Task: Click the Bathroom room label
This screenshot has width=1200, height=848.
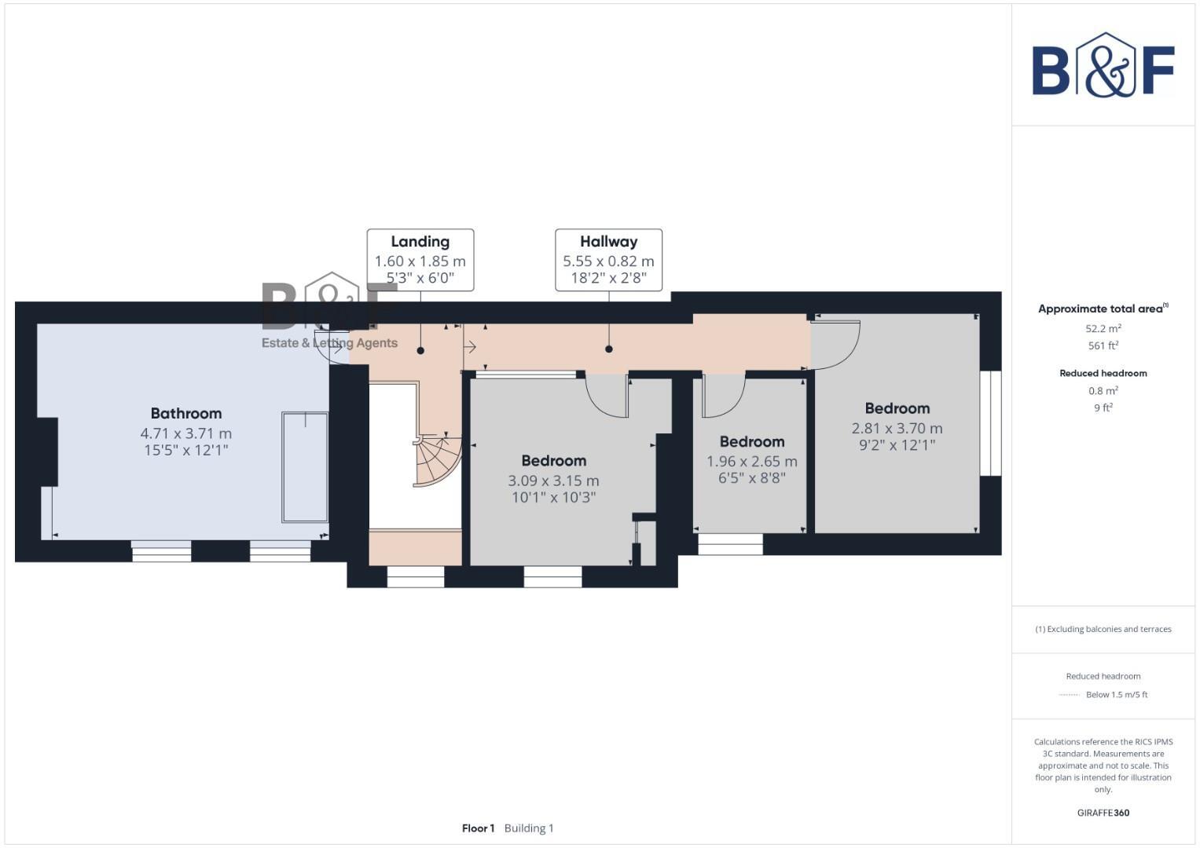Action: tap(186, 413)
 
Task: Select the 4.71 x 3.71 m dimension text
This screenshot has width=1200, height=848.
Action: tap(186, 433)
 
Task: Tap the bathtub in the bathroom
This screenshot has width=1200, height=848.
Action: tap(305, 466)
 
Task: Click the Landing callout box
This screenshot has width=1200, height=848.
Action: tap(420, 260)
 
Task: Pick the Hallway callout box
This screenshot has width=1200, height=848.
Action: tap(608, 260)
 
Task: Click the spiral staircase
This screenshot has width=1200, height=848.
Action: tap(437, 461)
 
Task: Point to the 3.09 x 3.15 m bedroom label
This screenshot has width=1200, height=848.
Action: tap(553, 461)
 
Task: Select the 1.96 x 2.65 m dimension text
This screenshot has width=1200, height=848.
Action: tap(751, 462)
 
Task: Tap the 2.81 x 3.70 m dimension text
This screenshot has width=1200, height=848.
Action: tap(897, 429)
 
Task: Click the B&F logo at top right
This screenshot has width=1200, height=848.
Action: tap(1103, 66)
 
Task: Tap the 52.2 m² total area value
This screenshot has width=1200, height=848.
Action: tap(1103, 329)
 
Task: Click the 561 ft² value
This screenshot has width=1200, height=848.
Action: tap(1103, 345)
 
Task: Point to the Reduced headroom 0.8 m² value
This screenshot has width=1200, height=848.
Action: tap(1103, 391)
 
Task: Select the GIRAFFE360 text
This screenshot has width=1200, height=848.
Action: tap(1103, 813)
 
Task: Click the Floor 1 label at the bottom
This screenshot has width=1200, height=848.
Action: tap(478, 828)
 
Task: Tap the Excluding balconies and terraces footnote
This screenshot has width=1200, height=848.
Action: tap(1103, 629)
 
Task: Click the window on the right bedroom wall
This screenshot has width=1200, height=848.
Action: tap(990, 423)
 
